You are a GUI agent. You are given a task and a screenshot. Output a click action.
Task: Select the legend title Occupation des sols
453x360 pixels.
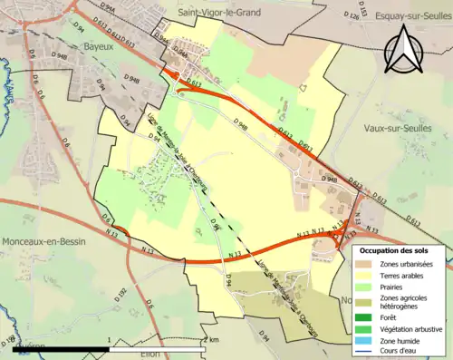[394, 249]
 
